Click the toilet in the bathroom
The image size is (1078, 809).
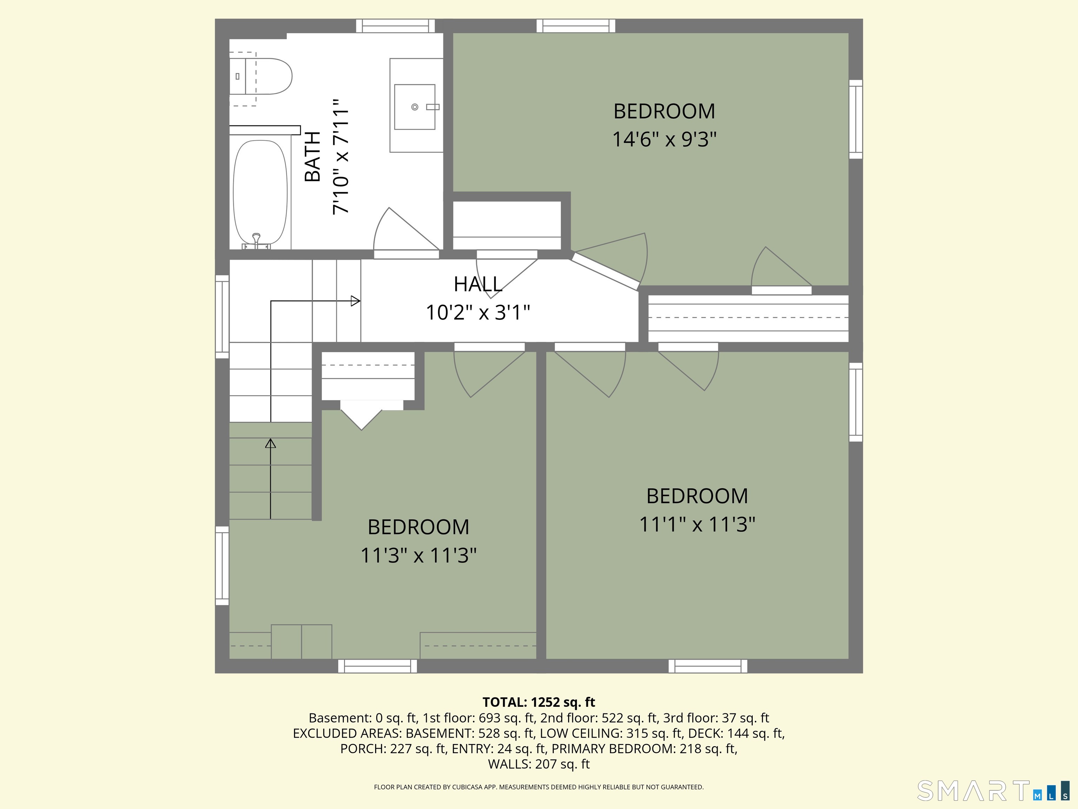(260, 77)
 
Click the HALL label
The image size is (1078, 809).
(478, 284)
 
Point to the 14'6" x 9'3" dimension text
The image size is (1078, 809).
(664, 139)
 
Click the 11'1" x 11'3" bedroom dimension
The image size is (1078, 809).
(697, 525)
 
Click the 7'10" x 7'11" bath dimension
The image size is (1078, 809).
(341, 157)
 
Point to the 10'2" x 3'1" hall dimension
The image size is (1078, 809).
(478, 313)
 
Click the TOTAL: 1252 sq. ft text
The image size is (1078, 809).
(539, 702)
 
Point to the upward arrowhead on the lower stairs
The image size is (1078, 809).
(271, 443)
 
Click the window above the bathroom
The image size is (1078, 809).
(395, 26)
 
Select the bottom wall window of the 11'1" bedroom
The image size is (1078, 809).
(708, 666)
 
